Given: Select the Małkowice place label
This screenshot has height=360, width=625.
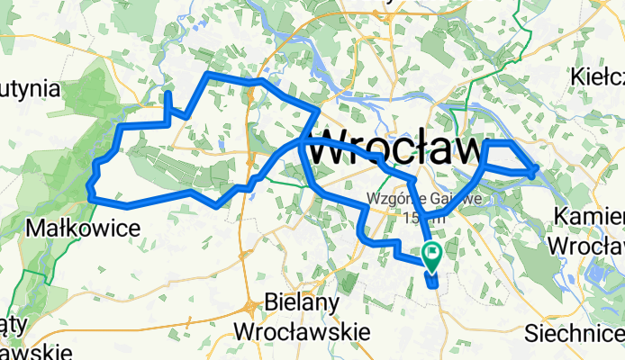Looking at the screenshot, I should click(84, 229).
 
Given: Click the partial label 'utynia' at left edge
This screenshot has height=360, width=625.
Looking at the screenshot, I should click(29, 89).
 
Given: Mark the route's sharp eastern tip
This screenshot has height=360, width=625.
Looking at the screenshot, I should click(537, 168).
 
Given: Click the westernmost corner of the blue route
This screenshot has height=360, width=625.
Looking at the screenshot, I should click(89, 187).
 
